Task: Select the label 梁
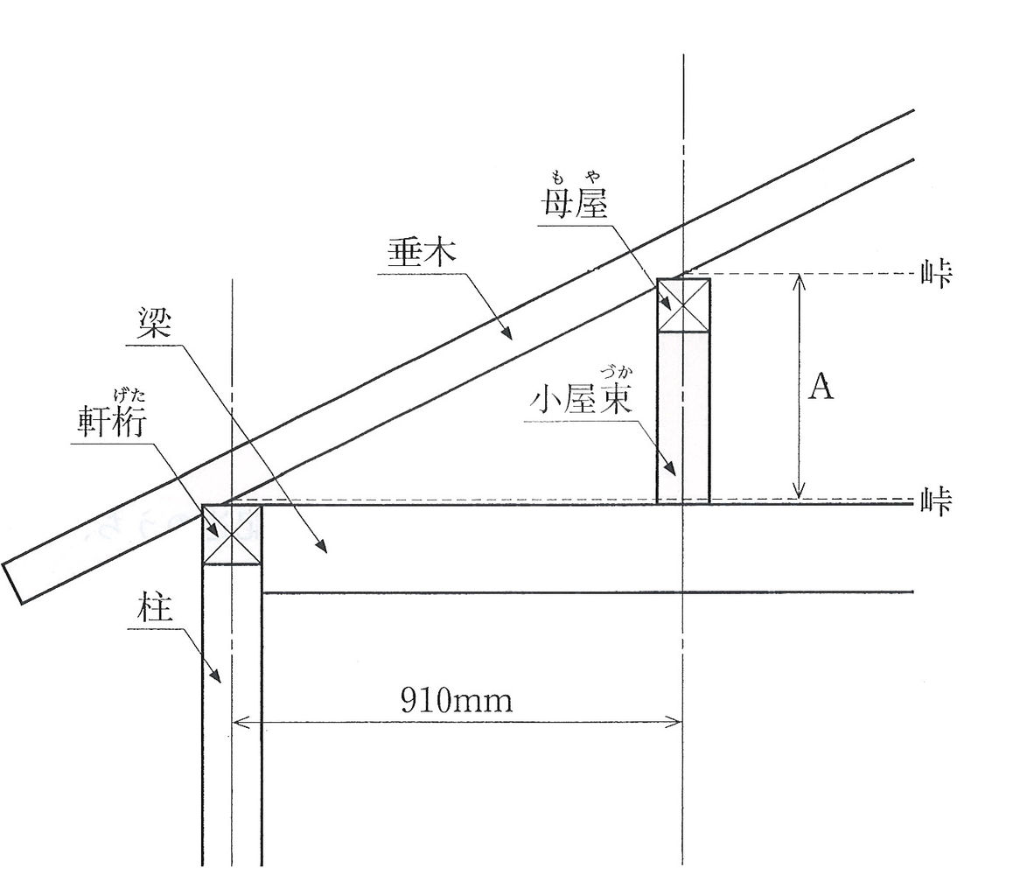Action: (154, 326)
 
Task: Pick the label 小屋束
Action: (582, 401)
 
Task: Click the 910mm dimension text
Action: (456, 700)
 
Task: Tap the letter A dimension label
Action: (820, 386)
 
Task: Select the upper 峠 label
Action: (936, 274)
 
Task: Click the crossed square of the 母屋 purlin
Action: (682, 305)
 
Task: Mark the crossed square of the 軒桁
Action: (232, 534)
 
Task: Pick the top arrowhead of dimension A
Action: (798, 280)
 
